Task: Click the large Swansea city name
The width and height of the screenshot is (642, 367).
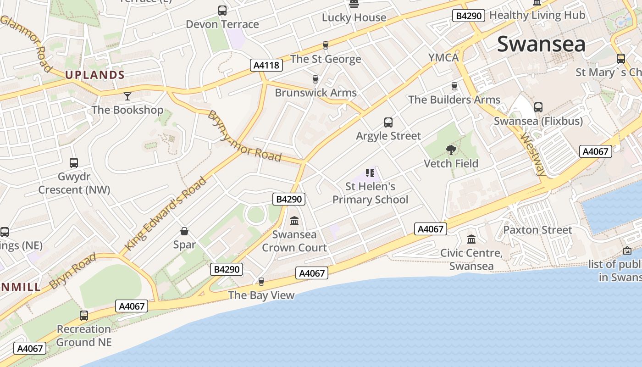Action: [541, 44]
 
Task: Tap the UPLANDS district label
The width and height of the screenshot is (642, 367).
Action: [95, 75]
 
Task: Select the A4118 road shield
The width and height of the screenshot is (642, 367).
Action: [266, 65]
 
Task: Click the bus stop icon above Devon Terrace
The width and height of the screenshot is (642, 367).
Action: [222, 11]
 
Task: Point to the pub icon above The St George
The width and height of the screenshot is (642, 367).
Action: [326, 45]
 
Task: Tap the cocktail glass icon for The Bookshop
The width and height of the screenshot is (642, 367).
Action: [127, 96]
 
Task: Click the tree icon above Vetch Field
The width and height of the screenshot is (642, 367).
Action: [451, 150]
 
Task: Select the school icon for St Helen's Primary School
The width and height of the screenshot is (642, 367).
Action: [370, 173]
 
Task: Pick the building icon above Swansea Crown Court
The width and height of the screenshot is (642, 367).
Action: [294, 221]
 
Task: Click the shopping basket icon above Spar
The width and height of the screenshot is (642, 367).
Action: [184, 231]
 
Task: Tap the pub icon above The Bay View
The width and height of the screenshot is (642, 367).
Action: [261, 281]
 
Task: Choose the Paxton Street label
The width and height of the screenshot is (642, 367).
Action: [538, 230]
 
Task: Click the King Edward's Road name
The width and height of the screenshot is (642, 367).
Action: [166, 213]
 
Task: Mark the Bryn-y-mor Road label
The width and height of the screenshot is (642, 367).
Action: [244, 136]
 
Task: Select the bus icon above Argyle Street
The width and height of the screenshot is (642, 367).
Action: [388, 122]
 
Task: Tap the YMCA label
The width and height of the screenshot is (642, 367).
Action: [443, 57]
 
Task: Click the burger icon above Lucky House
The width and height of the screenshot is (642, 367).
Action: [354, 4]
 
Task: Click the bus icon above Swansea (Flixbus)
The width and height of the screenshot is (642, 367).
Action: [538, 107]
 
